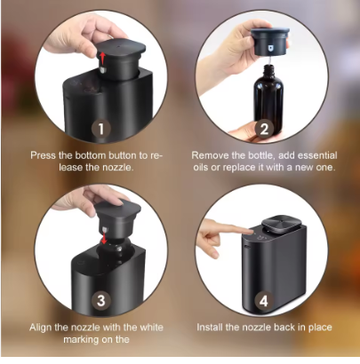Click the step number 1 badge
[x=101, y=129]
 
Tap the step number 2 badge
[x=264, y=129]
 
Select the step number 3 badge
[x=101, y=301]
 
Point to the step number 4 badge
[x=264, y=301]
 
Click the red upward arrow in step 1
[x=101, y=59]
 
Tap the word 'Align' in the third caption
[x=41, y=328]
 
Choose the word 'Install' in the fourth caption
[x=210, y=328]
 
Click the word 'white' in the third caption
[x=151, y=328]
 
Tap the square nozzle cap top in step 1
[x=122, y=47]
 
